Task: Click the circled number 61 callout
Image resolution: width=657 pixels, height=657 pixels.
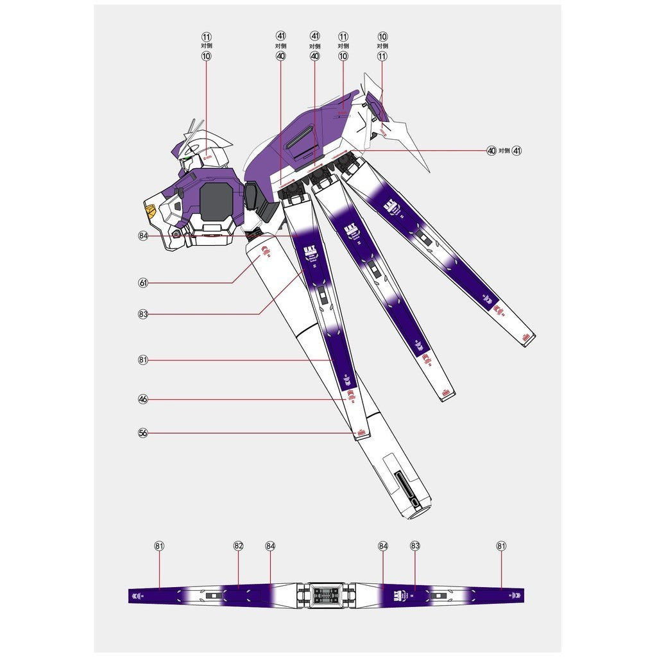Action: tap(143, 282)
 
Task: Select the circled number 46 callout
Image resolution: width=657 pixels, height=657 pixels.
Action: tap(143, 399)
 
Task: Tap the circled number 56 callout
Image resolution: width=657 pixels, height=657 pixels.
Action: tap(143, 433)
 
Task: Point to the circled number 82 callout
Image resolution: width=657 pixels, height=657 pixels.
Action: tap(238, 546)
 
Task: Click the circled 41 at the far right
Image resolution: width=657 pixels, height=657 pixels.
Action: tap(517, 151)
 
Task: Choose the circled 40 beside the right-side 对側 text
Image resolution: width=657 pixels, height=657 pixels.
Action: tap(491, 151)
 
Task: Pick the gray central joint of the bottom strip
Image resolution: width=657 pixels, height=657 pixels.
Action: tap(324, 595)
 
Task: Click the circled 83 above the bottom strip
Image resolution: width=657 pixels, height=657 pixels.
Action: tap(415, 546)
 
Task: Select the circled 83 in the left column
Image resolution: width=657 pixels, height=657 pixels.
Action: tap(143, 314)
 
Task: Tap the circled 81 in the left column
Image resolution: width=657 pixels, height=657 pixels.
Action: tap(143, 360)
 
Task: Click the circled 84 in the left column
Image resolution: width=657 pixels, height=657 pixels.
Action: tap(143, 235)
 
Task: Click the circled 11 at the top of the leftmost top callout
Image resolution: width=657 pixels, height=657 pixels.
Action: tap(206, 37)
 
